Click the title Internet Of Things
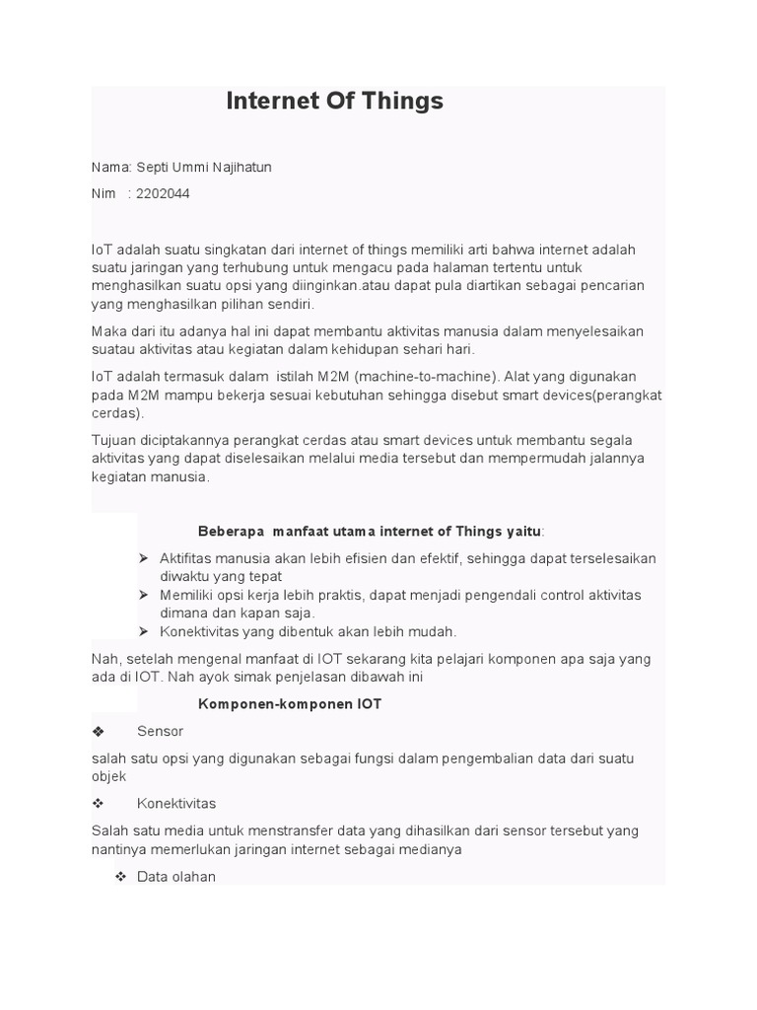tap(334, 101)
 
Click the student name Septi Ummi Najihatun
tap(204, 167)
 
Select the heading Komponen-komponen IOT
tap(290, 704)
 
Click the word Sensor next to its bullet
tap(161, 731)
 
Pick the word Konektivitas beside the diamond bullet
tap(176, 803)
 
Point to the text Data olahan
tap(176, 876)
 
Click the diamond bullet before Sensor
tap(98, 732)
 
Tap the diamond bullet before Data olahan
tap(120, 876)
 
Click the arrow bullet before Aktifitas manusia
tap(143, 558)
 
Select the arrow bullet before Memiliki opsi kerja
tap(143, 595)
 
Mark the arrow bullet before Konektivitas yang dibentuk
tap(143, 631)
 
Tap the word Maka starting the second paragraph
tap(109, 330)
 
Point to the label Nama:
tap(111, 167)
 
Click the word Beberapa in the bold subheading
tap(232, 531)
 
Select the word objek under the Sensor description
tap(108, 776)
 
